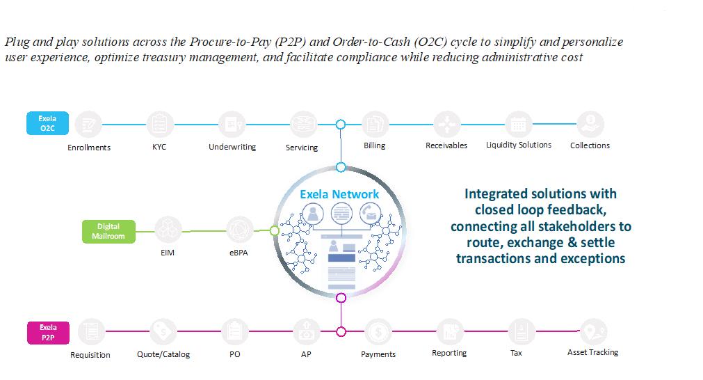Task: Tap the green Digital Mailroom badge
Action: point(108,231)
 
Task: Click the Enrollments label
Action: point(89,148)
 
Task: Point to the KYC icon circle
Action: point(159,125)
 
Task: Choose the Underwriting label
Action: point(232,147)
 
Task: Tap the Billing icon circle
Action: point(374,125)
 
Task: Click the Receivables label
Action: point(446,145)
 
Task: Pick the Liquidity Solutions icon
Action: point(518,125)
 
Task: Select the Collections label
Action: point(590,145)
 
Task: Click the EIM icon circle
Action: point(168,229)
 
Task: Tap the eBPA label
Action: point(239,253)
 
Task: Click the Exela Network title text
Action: point(339,194)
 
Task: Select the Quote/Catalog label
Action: point(163,354)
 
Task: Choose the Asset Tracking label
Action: point(592,352)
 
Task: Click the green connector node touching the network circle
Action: point(274,230)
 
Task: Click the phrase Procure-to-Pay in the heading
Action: point(227,42)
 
